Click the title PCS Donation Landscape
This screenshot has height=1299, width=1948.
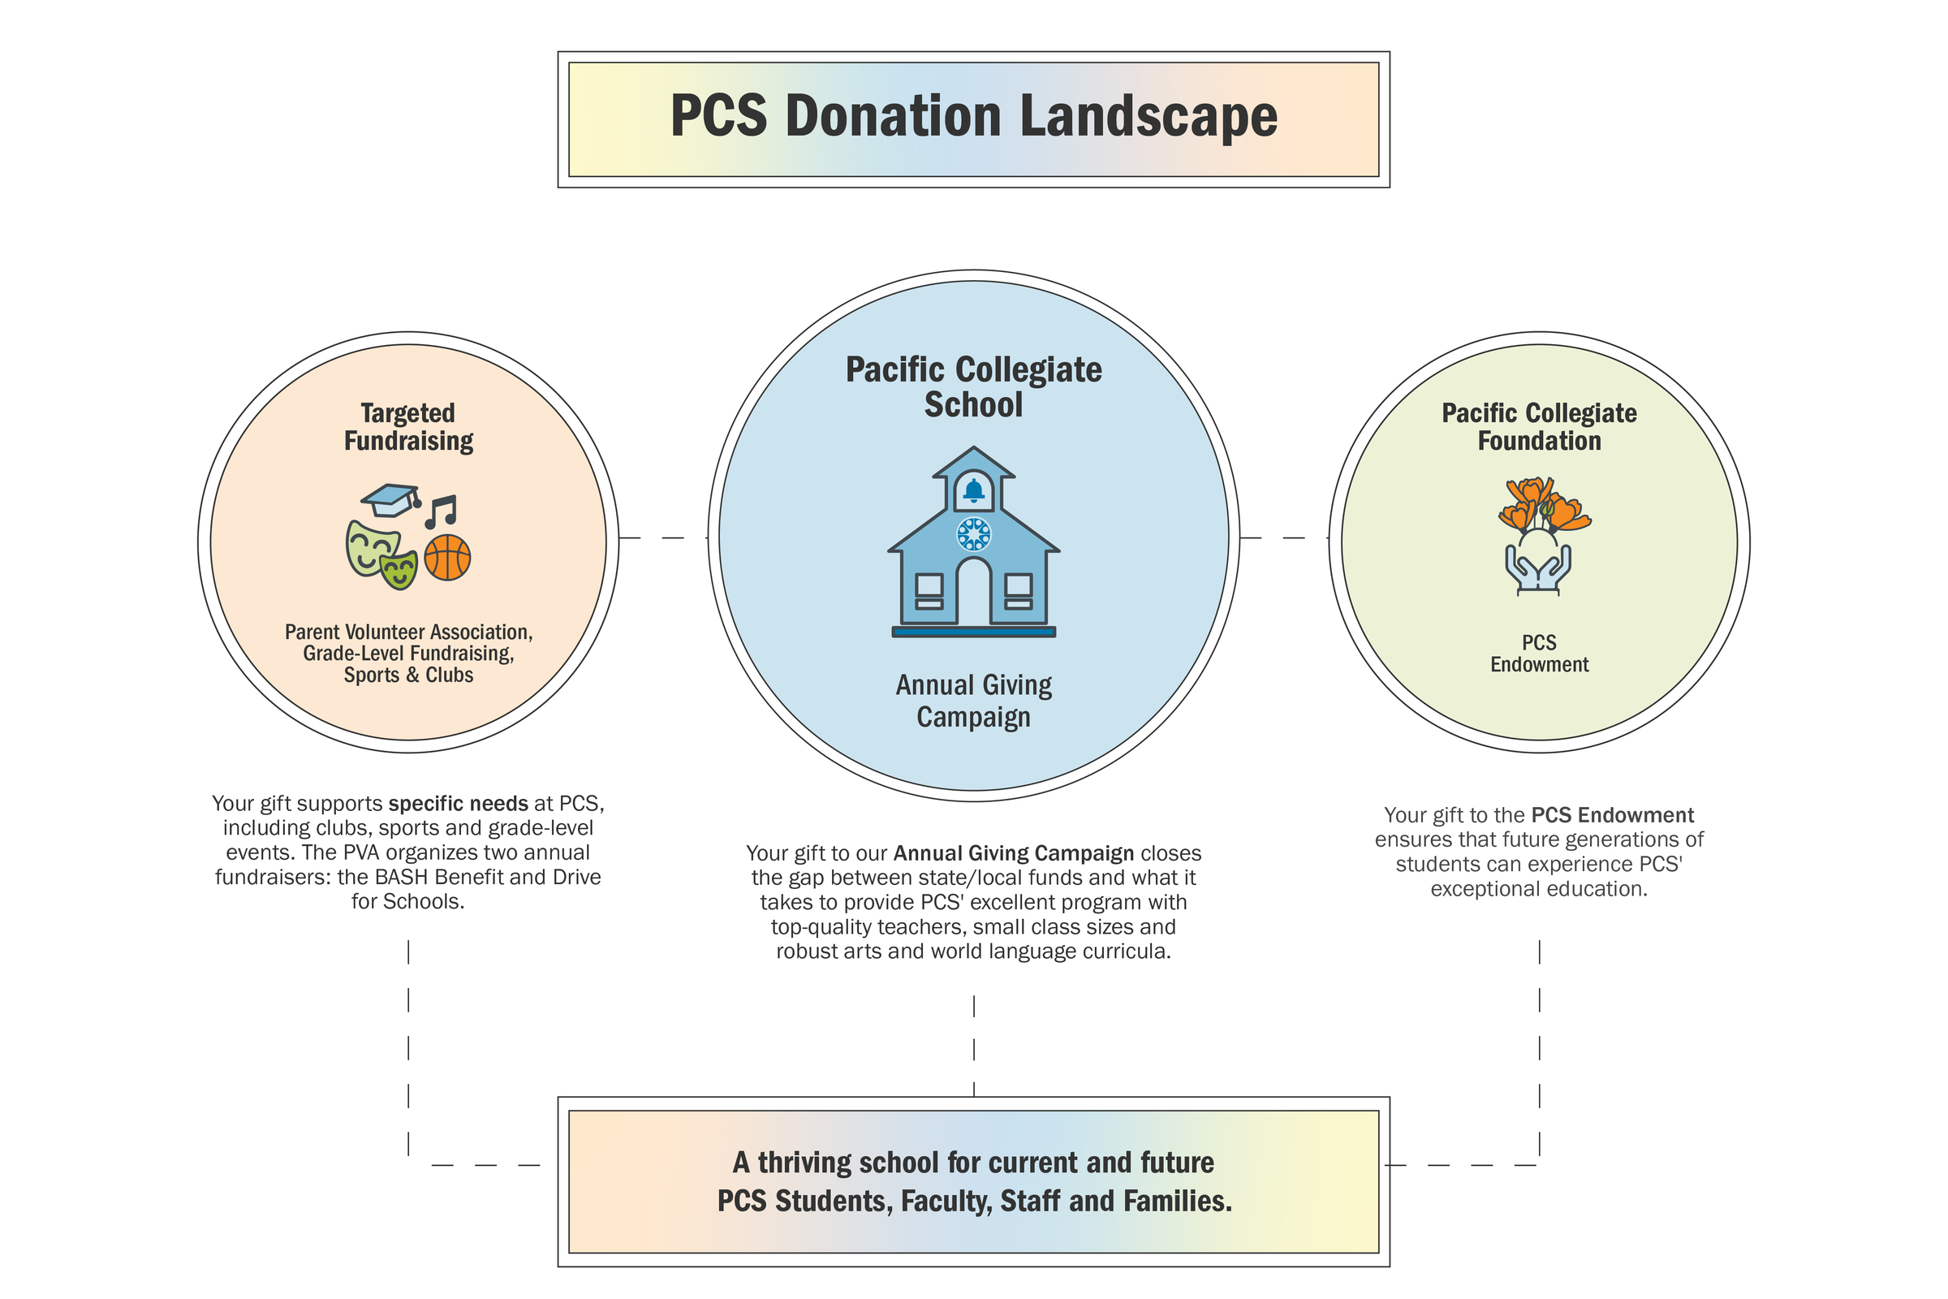(973, 116)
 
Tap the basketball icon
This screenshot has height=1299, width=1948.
(447, 558)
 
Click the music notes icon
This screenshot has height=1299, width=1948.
(441, 511)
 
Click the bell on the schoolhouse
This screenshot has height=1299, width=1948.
(974, 490)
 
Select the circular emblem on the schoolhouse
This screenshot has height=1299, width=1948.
(974, 534)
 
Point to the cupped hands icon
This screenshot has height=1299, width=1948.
(1538, 568)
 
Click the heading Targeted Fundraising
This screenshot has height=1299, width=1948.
(408, 427)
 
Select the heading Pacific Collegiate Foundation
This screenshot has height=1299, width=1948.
(1539, 427)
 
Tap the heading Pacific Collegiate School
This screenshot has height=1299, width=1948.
(973, 387)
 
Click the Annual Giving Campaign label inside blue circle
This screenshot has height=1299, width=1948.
(973, 701)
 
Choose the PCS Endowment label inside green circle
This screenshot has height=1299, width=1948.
(1539, 654)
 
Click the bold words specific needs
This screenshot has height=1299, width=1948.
(458, 804)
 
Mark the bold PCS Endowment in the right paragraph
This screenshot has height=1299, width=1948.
(1612, 815)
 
